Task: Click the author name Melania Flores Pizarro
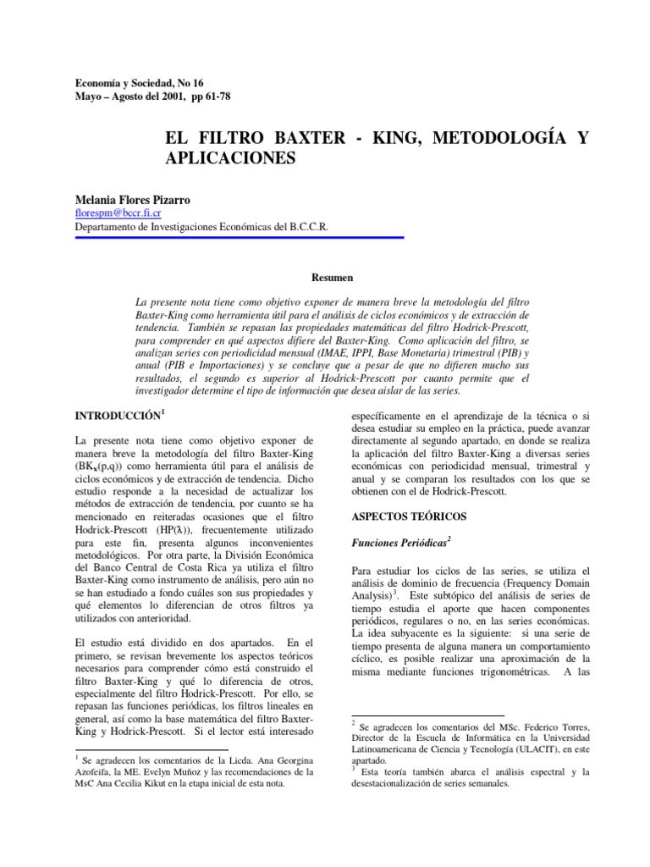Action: coord(133,200)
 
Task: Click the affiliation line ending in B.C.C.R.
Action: coord(202,227)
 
